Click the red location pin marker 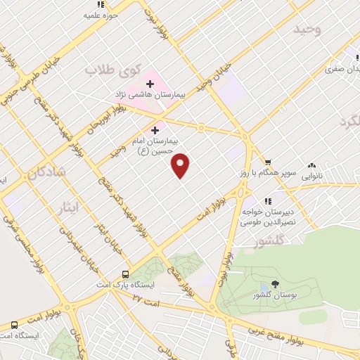coord(181,165)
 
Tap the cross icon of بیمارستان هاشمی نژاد coord(150,84)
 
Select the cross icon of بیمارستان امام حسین coord(155,130)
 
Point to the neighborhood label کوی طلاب coord(114,70)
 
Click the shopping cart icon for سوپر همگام coord(266,161)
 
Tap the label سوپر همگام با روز coord(257,172)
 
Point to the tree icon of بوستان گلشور coord(274,285)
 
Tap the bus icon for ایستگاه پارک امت coord(125,274)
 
